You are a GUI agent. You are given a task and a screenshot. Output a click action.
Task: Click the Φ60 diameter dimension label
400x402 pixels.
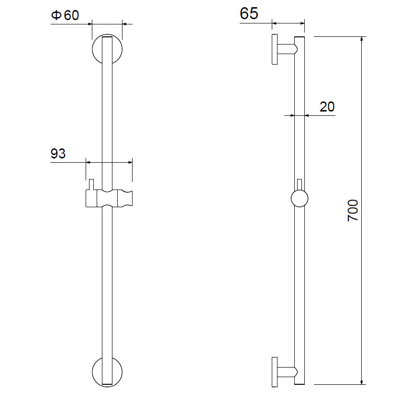65,15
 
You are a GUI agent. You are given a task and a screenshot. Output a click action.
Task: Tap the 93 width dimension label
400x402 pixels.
58,154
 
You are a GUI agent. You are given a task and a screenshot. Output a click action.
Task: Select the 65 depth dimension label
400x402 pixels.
249,13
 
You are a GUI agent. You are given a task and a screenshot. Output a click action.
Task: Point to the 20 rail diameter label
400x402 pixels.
327,107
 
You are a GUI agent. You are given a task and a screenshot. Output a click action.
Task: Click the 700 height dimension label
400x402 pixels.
353,211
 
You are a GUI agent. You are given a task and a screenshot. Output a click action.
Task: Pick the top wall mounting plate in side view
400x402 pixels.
275,49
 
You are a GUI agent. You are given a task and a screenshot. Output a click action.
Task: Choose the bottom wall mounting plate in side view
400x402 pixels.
275,372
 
